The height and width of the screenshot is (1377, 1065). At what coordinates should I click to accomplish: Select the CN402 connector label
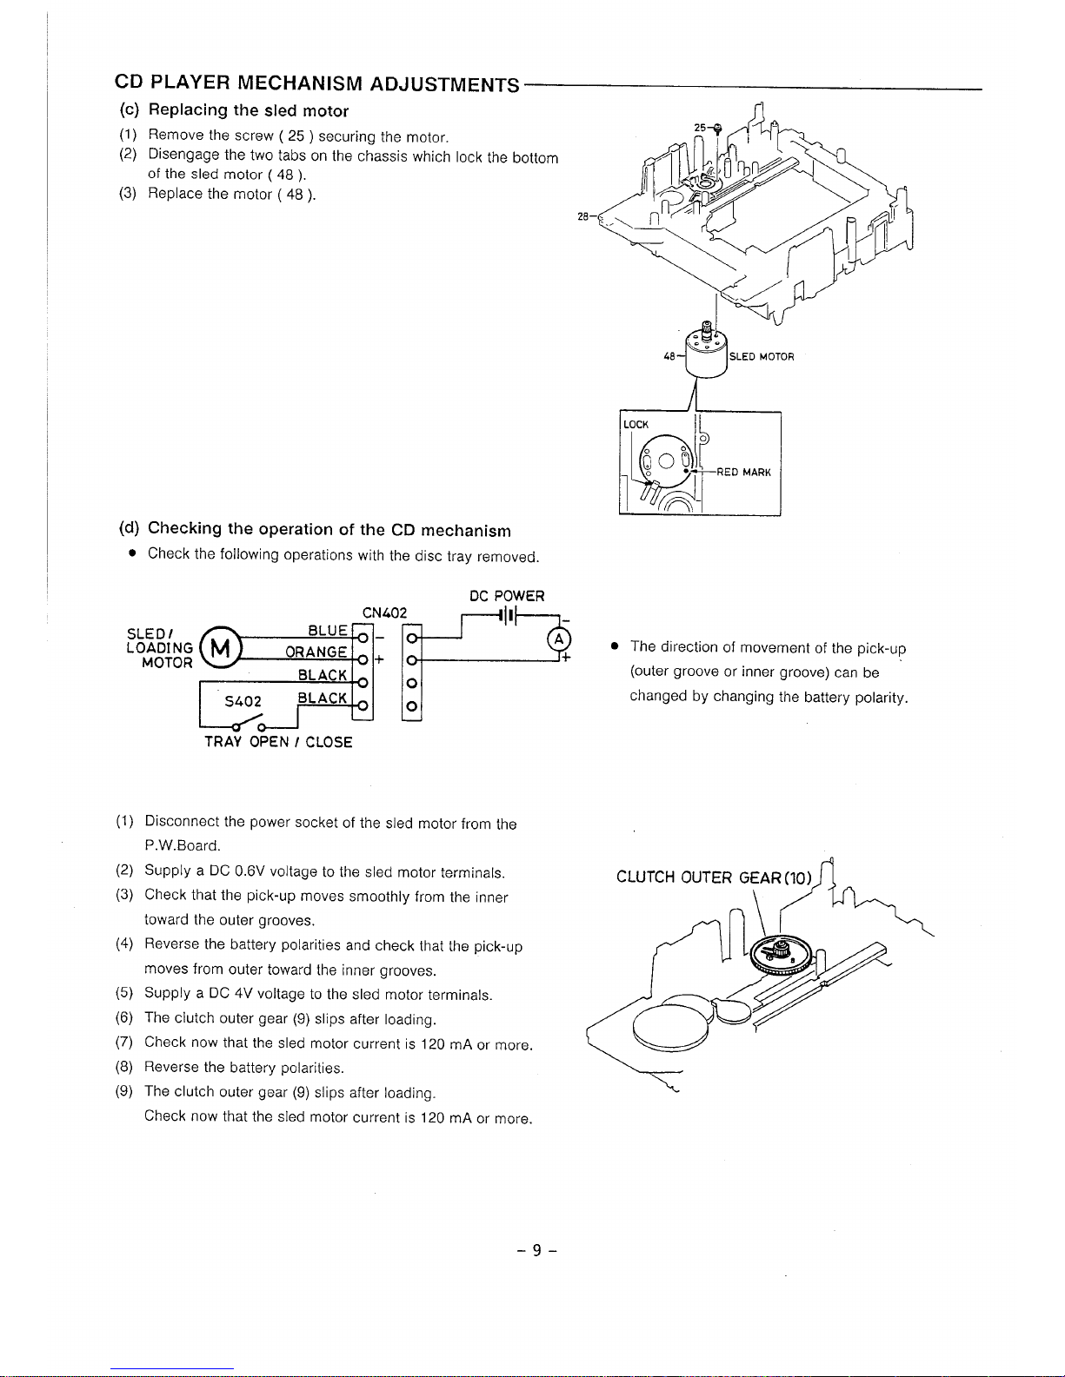point(384,612)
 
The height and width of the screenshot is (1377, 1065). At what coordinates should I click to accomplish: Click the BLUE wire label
point(329,631)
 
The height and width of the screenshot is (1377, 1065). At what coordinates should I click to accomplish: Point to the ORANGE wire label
point(317,652)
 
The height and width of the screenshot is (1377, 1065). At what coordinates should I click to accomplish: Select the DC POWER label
point(507,596)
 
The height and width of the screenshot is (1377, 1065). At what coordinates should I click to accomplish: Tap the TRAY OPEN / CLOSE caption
point(278,742)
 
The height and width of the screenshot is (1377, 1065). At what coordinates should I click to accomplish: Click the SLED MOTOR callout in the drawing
point(762,356)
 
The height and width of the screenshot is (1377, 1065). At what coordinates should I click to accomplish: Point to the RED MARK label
point(743,473)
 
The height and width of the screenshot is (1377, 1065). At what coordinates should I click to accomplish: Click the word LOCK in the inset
point(636,424)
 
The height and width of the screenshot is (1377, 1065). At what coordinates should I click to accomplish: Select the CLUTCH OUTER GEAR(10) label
point(714,877)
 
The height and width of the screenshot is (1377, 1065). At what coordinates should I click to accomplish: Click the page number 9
point(536,1250)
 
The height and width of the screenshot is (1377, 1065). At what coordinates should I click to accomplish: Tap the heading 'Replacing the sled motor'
point(248,110)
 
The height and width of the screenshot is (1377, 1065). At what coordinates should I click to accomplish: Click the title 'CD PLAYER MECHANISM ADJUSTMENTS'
point(317,83)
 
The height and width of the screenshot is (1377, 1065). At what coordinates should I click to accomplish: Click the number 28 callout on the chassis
point(583,217)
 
